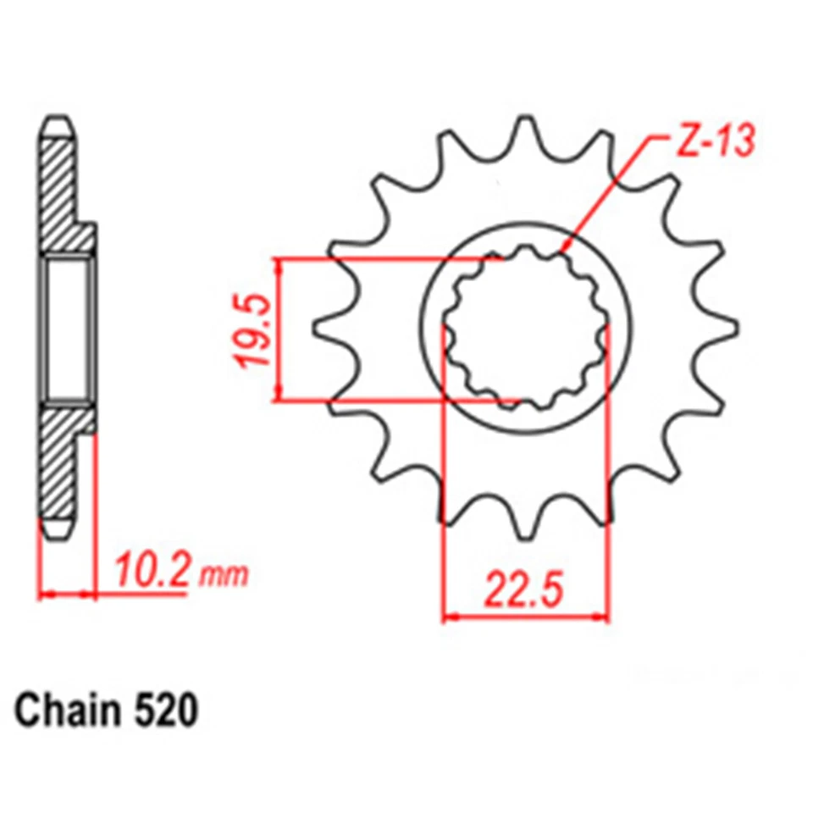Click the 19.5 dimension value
tap(255, 330)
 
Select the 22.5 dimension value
tap(525, 588)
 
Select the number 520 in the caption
tap(166, 711)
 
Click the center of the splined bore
tap(526, 328)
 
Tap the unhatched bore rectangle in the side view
tap(68, 329)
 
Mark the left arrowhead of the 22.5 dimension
tap(447, 617)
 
